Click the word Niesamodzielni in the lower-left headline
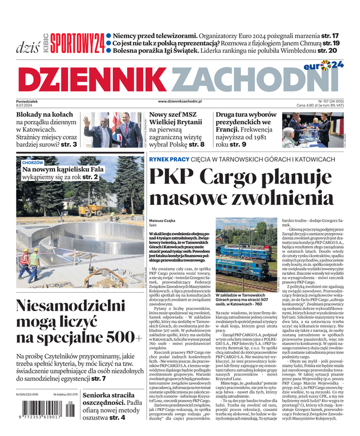coord(71,306)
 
